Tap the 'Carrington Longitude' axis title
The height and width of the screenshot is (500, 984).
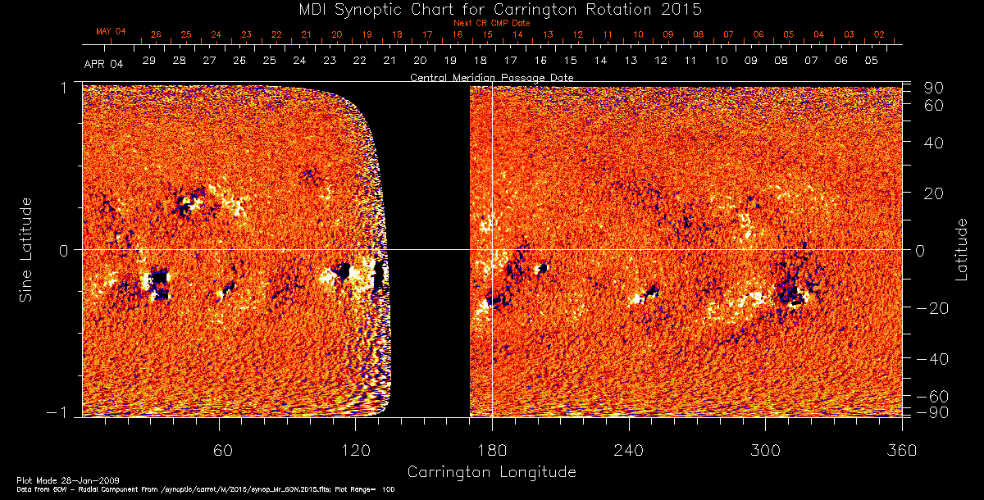point(491,472)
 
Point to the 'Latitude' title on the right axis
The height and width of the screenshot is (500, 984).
point(961,249)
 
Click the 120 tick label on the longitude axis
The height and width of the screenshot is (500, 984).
point(356,450)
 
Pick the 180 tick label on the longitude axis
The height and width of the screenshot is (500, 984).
point(492,450)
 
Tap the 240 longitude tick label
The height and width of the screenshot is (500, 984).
point(628,450)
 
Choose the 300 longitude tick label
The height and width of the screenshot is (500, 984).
point(765,450)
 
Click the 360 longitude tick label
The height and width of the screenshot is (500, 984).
point(901,450)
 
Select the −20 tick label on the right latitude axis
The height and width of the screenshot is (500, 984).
point(932,307)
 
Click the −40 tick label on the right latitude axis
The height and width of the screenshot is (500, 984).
point(932,359)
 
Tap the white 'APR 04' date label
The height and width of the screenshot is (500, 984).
point(103,64)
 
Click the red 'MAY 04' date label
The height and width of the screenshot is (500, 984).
point(111,31)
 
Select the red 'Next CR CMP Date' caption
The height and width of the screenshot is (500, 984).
point(492,23)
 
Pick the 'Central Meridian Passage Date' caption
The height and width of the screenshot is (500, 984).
point(492,78)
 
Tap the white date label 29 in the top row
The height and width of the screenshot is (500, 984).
point(149,61)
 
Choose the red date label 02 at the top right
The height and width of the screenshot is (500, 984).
point(878,34)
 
